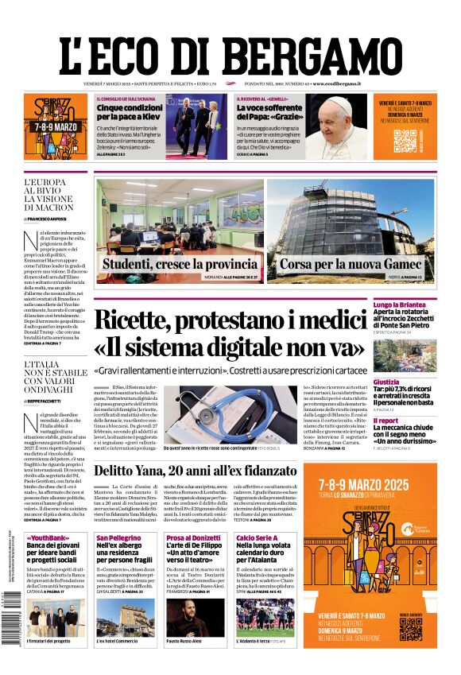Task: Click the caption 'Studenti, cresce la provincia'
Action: tap(180, 264)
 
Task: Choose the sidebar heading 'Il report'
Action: tap(385, 421)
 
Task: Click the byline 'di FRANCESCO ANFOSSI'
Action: tap(56, 218)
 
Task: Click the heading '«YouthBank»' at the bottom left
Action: tap(46, 537)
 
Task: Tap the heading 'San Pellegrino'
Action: tap(118, 537)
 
